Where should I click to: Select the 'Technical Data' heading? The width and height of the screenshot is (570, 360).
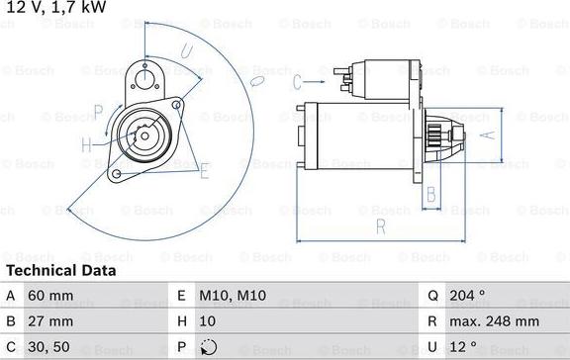click(x=60, y=270)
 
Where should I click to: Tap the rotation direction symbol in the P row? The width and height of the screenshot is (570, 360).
click(x=208, y=347)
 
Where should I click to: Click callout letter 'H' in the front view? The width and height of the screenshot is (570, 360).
click(x=86, y=146)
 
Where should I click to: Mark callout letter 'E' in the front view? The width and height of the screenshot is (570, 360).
click(x=204, y=172)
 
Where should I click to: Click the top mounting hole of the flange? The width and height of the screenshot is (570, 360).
click(x=145, y=72)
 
